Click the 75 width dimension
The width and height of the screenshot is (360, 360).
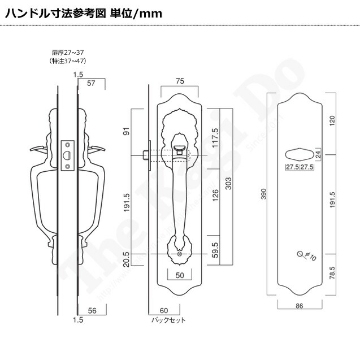179,81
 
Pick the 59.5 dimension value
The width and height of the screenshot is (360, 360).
214,249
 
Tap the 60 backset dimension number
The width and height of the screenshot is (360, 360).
164,310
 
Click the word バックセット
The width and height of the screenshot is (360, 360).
168,320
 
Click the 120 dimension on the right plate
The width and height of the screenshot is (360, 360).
332,120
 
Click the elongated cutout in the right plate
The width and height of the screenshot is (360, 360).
300,154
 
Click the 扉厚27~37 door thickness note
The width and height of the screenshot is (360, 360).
67,53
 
